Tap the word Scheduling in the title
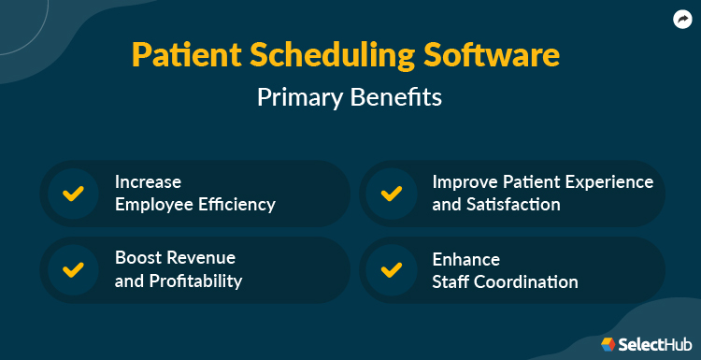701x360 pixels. click(323, 55)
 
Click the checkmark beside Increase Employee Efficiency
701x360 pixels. click(72, 194)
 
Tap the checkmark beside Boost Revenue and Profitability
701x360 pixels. click(72, 269)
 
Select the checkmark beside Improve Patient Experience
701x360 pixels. click(391, 194)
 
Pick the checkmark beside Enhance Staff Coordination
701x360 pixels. click(391, 269)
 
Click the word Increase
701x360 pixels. click(148, 181)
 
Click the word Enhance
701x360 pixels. click(465, 259)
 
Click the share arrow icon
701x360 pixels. click(681, 19)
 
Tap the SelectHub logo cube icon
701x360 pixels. click(608, 344)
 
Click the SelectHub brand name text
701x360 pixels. click(652, 344)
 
